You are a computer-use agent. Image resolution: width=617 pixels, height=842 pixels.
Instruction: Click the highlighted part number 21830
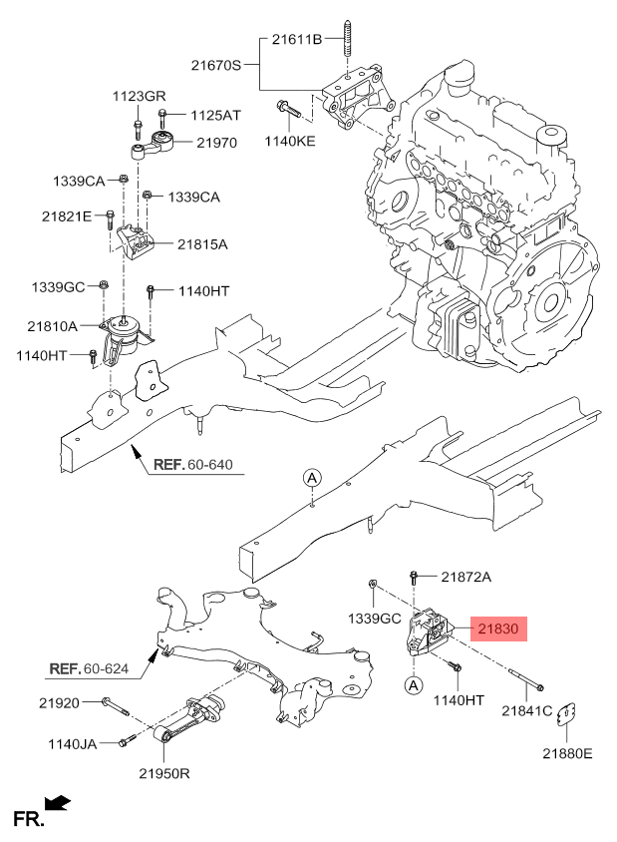[498, 629]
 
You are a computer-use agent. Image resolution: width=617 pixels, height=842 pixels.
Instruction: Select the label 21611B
[297, 39]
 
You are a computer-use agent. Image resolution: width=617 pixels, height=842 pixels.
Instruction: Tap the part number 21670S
[216, 66]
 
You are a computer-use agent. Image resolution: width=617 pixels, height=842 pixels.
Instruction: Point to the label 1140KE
[290, 142]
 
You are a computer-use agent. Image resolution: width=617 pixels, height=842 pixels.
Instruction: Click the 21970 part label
[216, 143]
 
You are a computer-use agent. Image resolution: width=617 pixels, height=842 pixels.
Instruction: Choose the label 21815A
[202, 244]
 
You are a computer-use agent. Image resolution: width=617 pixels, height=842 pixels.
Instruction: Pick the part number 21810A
[52, 326]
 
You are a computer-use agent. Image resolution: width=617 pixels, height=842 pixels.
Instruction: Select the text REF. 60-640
[193, 465]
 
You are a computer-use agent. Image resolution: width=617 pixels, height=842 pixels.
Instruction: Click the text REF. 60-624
[89, 668]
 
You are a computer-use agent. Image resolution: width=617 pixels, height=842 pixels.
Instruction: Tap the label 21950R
[164, 773]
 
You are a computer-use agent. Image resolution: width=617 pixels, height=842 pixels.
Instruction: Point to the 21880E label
[567, 753]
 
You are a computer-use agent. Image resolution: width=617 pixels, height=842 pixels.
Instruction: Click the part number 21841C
[527, 711]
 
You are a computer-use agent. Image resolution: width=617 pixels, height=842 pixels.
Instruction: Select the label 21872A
[466, 577]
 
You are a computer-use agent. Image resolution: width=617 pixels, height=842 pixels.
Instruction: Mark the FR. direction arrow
[58, 802]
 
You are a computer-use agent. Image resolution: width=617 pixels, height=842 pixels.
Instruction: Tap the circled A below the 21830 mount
[413, 684]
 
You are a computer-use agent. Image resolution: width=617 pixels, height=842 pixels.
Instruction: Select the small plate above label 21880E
[566, 713]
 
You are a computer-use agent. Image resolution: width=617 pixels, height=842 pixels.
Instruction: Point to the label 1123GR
[139, 96]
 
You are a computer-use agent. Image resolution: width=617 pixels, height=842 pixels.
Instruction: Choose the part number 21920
[59, 702]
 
